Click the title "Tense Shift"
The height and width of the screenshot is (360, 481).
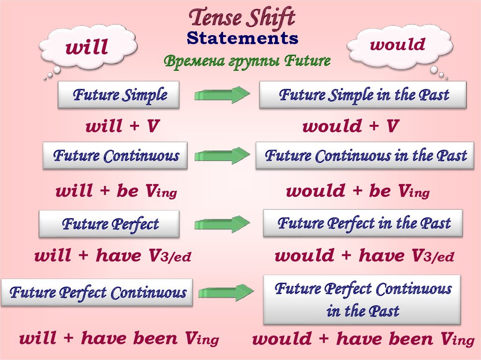[x=242, y=18]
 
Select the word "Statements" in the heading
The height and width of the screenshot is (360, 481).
[x=242, y=38]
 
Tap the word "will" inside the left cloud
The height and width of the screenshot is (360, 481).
[x=86, y=47]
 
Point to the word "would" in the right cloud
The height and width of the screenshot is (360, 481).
[x=397, y=44]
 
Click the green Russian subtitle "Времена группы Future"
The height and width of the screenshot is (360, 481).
[x=247, y=61]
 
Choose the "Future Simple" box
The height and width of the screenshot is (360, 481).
[x=119, y=95]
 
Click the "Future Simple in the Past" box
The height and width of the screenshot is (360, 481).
[x=363, y=95]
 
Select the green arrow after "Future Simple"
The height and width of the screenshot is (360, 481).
[x=222, y=95]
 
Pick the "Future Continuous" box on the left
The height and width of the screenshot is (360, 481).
[x=115, y=155]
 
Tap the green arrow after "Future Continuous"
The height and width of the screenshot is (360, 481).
[x=222, y=156]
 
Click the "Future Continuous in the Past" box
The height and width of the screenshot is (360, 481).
[x=365, y=155]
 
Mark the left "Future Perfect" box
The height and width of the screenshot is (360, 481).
[x=109, y=224]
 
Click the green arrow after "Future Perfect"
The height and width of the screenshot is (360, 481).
[x=222, y=224]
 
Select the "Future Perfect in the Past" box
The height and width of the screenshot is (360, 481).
[x=363, y=223]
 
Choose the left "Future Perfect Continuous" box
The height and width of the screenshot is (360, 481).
[x=97, y=292]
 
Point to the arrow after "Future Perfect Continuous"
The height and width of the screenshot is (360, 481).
[x=226, y=292]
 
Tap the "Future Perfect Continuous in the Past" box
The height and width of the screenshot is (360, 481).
[x=362, y=299]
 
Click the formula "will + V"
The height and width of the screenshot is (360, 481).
[x=122, y=126]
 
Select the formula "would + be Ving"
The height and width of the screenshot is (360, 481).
[x=357, y=191]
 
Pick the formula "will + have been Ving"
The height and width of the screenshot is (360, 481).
[x=119, y=338]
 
